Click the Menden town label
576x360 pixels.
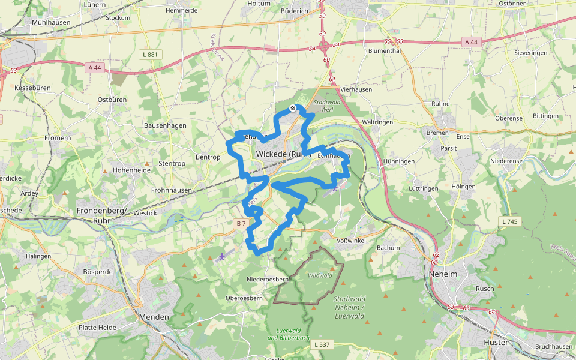click(154, 317)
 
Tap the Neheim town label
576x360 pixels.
click(443, 274)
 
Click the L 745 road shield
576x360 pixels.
click(508, 222)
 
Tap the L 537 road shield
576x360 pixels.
click(322, 344)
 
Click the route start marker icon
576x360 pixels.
click(293, 108)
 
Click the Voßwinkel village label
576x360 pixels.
click(352, 240)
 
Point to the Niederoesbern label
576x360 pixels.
click(268, 280)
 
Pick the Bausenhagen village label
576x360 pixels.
click(165, 125)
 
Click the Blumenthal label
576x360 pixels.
click(384, 51)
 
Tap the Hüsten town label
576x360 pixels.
click(496, 342)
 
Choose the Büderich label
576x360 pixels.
click(295, 11)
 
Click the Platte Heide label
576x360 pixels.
click(97, 328)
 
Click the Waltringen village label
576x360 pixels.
click(377, 122)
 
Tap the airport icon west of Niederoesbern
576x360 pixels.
click(222, 257)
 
